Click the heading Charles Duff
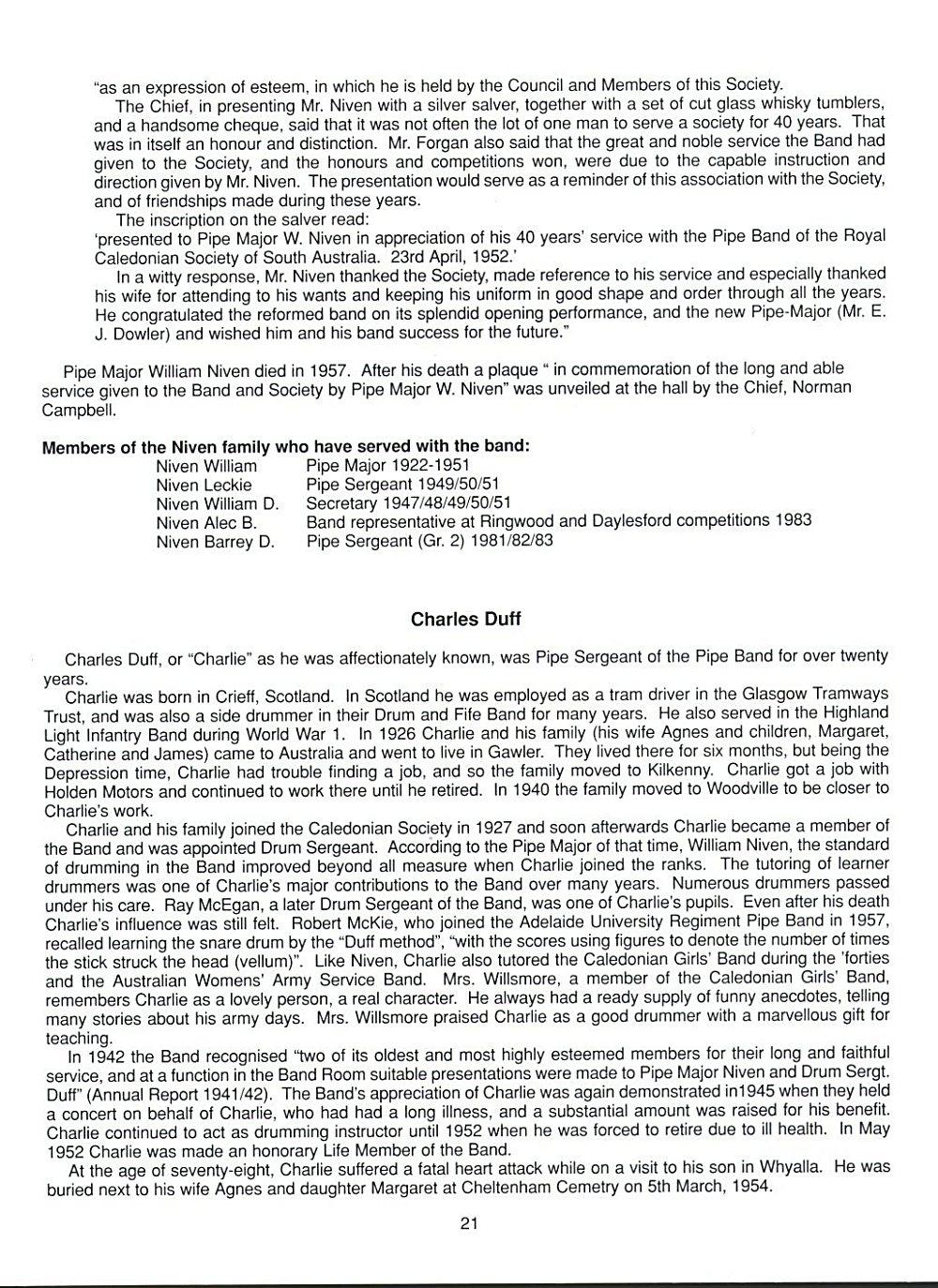(x=466, y=620)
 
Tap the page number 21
(x=469, y=1222)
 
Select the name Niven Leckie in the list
(x=204, y=486)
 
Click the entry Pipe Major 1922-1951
(x=387, y=466)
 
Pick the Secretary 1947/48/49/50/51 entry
(x=408, y=504)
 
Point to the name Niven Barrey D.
(x=215, y=543)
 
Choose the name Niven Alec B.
(x=206, y=523)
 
